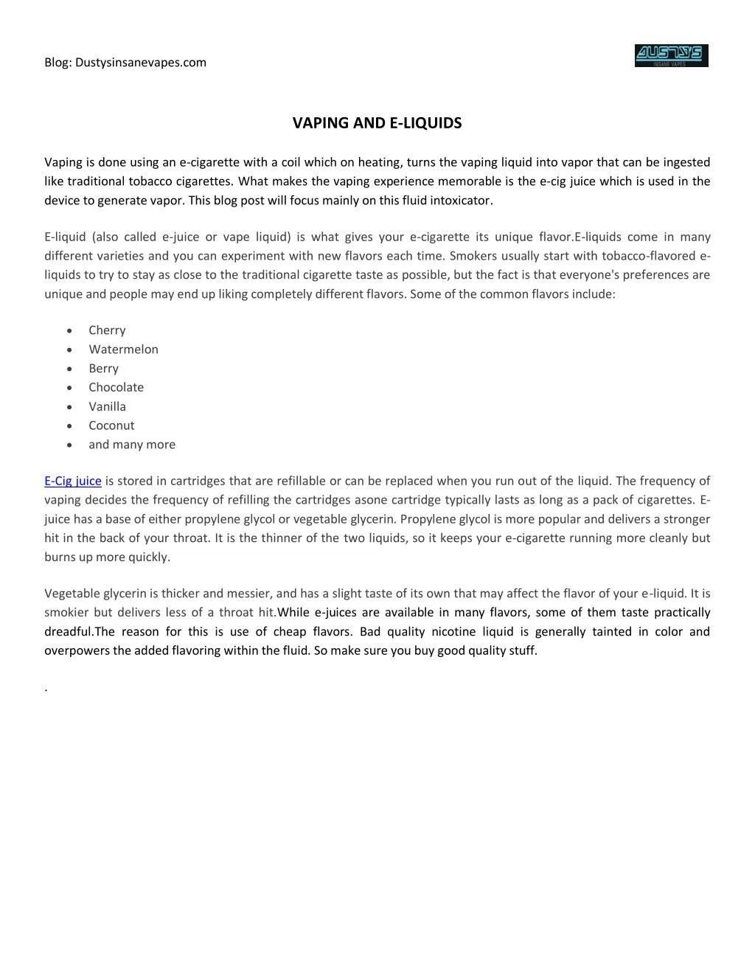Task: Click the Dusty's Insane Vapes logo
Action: click(671, 56)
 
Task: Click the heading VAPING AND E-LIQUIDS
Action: click(377, 123)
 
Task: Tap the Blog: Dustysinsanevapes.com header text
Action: click(125, 63)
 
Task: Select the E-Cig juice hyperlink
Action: click(73, 481)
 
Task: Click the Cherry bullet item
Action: click(107, 330)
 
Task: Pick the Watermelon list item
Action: click(123, 350)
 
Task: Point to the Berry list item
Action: click(103, 369)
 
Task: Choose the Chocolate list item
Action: click(116, 387)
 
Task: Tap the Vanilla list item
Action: click(107, 406)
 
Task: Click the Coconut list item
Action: click(111, 425)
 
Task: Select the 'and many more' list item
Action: click(132, 445)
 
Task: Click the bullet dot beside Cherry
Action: click(69, 331)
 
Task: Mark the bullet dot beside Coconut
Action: click(69, 426)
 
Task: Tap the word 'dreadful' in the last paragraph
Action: click(68, 632)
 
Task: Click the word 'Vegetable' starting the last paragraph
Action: click(71, 594)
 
